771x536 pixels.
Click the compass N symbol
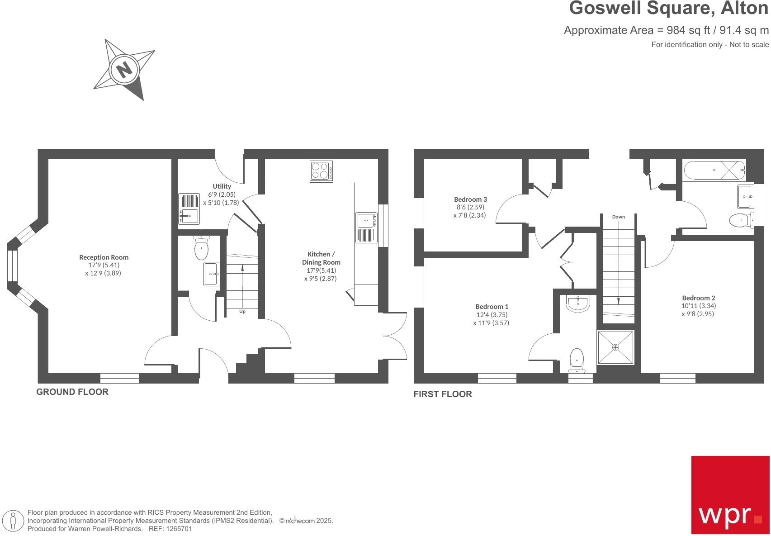[123, 70]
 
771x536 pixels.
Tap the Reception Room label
[104, 257]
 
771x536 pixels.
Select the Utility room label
[222, 186]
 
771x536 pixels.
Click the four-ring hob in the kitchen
[322, 171]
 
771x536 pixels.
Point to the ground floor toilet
[201, 248]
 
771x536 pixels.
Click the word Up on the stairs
[242, 312]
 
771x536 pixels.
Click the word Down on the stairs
[618, 217]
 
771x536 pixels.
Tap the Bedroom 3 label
[470, 199]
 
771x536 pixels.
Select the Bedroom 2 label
[698, 298]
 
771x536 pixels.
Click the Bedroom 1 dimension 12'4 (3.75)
[492, 315]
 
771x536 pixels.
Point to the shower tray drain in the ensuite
[615, 347]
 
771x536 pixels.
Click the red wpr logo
[730, 495]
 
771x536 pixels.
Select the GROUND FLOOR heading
[72, 392]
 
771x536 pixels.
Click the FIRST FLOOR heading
[442, 394]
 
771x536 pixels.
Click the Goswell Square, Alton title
[668, 9]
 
